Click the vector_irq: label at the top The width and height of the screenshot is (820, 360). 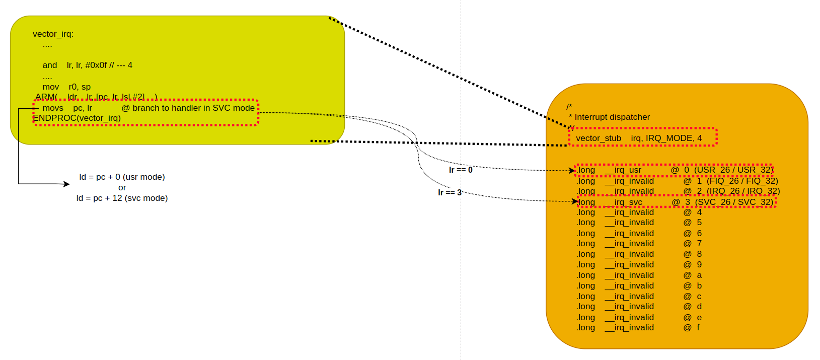pos(53,34)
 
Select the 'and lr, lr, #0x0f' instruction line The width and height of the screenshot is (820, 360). pos(87,65)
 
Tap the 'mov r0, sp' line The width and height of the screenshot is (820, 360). pos(66,87)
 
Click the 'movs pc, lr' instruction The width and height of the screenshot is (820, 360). pos(67,108)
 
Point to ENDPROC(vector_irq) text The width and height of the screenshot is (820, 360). pos(77,118)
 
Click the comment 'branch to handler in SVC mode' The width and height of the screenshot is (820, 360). pos(188,108)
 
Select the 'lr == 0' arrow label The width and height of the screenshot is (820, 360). pos(461,170)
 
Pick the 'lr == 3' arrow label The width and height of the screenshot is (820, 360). pos(450,192)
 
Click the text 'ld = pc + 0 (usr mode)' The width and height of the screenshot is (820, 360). pos(122,177)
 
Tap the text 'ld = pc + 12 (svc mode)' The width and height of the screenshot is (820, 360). pos(122,198)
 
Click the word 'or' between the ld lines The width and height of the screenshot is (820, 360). pos(122,187)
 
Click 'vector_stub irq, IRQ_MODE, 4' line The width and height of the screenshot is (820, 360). pos(639,138)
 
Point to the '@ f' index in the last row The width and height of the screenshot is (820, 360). pos(693,327)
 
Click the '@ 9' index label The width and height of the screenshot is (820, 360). pos(693,264)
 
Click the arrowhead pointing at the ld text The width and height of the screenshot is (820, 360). pos(66,184)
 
